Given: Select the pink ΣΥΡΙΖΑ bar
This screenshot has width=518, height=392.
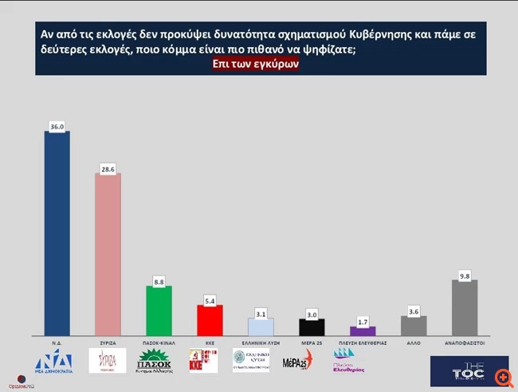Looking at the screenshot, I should coord(108,255).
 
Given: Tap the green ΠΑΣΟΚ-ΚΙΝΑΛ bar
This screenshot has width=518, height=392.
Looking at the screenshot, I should coord(159,311).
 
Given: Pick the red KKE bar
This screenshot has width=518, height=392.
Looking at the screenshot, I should coord(210,320).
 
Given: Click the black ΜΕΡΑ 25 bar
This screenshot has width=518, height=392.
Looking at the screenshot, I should coord(312,327).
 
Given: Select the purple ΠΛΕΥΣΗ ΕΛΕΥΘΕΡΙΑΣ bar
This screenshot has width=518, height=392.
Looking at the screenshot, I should coord(363,331).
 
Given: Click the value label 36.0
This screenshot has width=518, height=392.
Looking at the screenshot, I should coord(57,125).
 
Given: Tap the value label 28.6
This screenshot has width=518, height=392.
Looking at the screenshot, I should coord(108,168).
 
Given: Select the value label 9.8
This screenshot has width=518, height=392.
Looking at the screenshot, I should coord(465,275).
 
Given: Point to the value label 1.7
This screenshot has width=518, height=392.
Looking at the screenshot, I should coord(363,321).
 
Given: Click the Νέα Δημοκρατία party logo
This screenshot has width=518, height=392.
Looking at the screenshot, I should coord(57,362).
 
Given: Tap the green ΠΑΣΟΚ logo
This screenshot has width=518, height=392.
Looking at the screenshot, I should coord(159,362).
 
